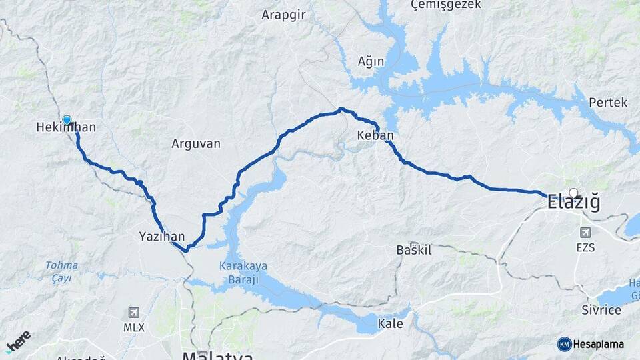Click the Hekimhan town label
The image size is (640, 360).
66,127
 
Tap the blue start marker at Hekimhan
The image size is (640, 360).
67,120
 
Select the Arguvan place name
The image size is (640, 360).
195,143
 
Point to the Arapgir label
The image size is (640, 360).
283,15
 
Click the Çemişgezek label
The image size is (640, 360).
441,5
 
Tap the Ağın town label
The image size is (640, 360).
371,61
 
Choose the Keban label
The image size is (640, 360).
375,135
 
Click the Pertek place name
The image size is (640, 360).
608,103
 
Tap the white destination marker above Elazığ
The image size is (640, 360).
573,193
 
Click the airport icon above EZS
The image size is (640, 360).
586,233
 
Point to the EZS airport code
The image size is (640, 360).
587,247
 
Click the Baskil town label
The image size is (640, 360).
414,251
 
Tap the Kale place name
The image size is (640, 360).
390,324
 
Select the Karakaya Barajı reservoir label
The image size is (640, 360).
243,272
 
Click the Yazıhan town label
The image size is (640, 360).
161,236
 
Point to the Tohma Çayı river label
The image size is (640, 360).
61,271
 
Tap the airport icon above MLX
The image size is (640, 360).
133,312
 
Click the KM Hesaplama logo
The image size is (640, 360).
591,344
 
